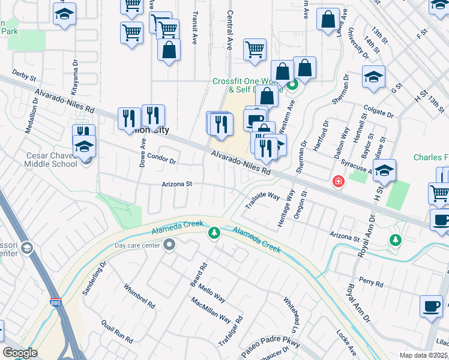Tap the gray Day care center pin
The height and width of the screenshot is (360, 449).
[x=170, y=244]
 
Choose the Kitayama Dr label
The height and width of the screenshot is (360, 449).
[x=75, y=77]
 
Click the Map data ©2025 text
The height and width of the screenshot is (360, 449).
[x=423, y=355]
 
